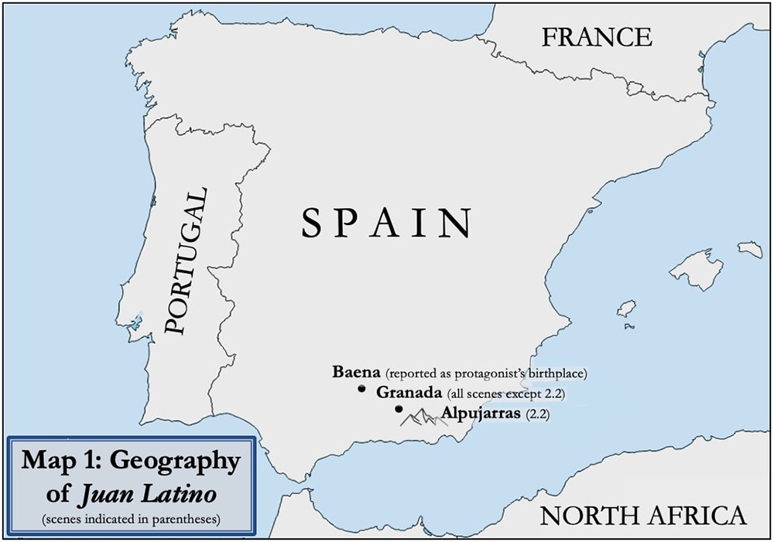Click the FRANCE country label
[x=596, y=36]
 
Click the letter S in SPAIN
[x=310, y=223]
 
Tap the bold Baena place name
[x=355, y=372]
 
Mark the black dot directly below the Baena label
[x=361, y=389]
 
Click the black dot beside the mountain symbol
[x=398, y=409]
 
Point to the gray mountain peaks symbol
[x=420, y=418]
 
